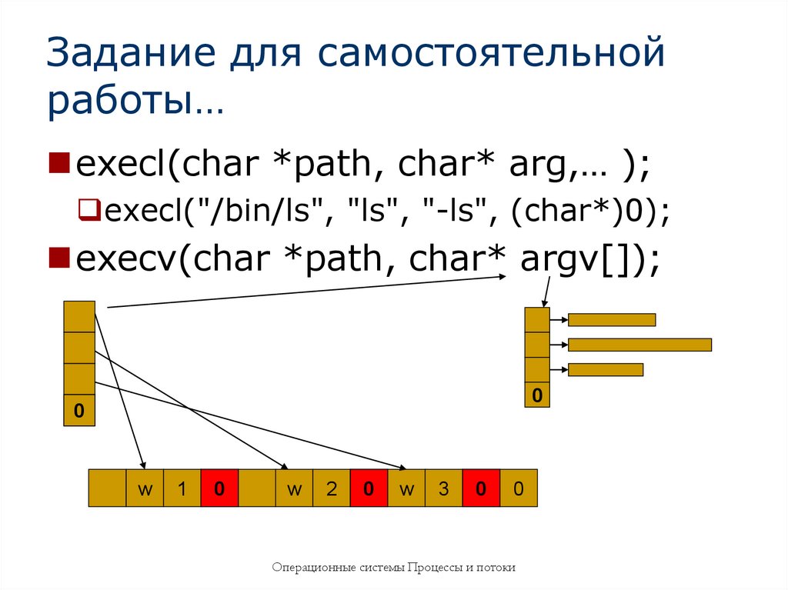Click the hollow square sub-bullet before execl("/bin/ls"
click(87, 208)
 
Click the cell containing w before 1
click(145, 488)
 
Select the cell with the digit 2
click(332, 488)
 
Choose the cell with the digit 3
click(444, 488)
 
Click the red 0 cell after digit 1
click(219, 488)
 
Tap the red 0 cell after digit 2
click(369, 488)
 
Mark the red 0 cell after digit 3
click(481, 488)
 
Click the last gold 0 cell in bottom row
click(519, 488)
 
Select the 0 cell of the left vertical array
click(79, 411)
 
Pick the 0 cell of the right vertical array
click(537, 395)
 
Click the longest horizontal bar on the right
click(639, 345)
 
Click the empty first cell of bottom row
click(107, 488)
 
